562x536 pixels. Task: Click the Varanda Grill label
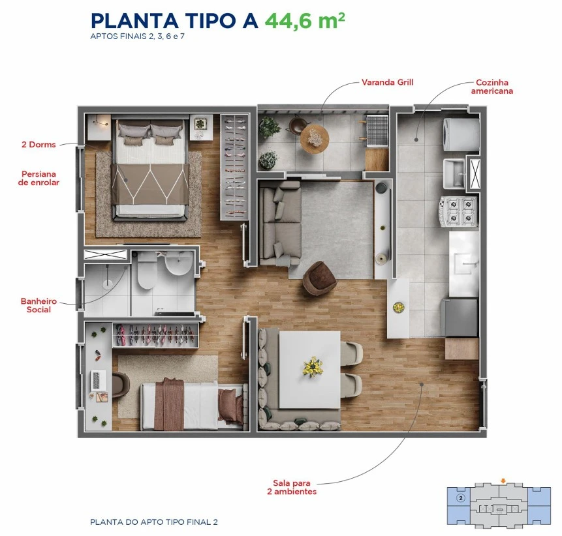click(388, 82)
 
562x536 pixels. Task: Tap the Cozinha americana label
click(492, 87)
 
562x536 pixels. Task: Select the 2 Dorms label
click(39, 145)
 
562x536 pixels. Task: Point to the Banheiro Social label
click(39, 305)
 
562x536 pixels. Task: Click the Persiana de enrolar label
click(39, 178)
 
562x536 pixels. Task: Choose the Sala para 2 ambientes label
click(292, 487)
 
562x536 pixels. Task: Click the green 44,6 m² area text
click(305, 21)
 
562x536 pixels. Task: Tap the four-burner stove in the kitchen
click(458, 211)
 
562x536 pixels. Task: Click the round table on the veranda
click(315, 139)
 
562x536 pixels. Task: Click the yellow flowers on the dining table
click(313, 367)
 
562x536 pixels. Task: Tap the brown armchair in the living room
click(319, 279)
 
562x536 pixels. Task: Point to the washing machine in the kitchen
click(461, 134)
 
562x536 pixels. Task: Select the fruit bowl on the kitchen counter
click(399, 308)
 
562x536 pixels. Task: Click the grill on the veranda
click(377, 130)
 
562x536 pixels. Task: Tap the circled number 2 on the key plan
click(461, 498)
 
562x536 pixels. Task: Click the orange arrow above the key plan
click(503, 481)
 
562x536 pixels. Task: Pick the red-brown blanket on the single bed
click(169, 404)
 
